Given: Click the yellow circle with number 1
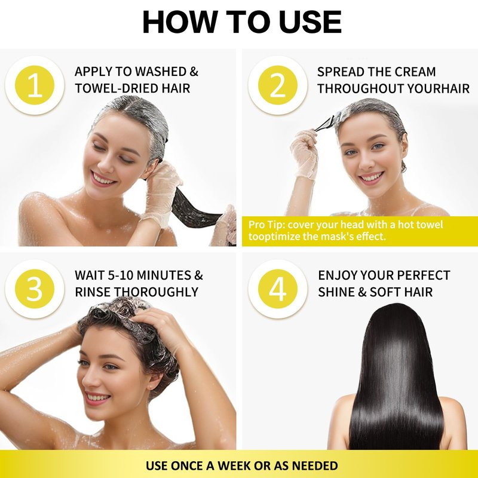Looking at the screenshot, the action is click(x=35, y=85).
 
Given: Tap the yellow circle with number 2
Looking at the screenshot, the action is click(x=278, y=85).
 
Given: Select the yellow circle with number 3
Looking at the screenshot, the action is click(x=35, y=289).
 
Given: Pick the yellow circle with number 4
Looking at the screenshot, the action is click(x=278, y=289).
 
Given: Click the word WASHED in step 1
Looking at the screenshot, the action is click(x=161, y=72).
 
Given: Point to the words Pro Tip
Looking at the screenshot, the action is click(x=266, y=225).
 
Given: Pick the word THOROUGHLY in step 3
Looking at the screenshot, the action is click(x=158, y=292).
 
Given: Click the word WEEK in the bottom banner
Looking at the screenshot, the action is click(x=233, y=466).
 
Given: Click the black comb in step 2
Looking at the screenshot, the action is click(x=326, y=124).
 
